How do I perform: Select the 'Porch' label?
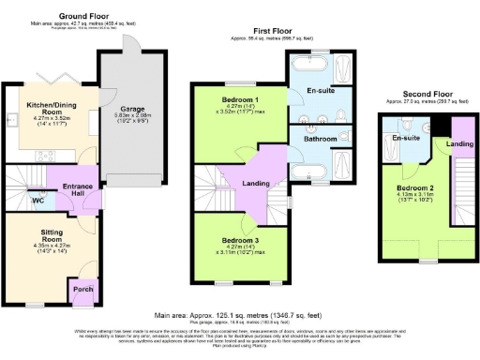point(82,290)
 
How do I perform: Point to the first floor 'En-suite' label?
point(322,91)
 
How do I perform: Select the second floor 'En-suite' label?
point(404,138)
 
